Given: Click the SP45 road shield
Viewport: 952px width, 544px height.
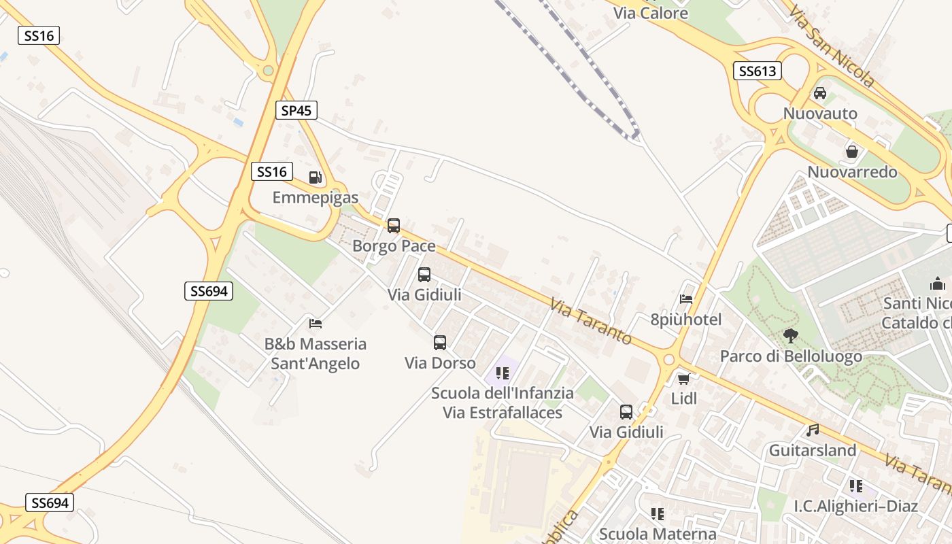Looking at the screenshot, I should coord(296,110).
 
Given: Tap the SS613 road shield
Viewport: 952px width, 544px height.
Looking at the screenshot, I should coord(757,71).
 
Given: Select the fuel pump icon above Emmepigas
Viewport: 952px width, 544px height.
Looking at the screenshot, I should coord(316,178).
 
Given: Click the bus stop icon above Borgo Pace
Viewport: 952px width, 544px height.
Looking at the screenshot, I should coord(394,226).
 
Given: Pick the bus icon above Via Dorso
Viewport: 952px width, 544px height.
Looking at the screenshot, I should coord(440,343).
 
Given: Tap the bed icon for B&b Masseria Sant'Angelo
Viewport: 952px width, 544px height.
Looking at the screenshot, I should coord(316,323).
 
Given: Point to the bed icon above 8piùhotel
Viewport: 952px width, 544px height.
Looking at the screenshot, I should coord(686,299).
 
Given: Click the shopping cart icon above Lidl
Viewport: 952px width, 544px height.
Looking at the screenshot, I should coord(683,379).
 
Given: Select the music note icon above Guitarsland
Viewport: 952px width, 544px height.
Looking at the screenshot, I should coord(812,430).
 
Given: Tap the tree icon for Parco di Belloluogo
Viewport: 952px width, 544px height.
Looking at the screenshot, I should coord(790,335).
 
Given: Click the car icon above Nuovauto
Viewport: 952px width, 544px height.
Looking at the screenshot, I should coord(820,93).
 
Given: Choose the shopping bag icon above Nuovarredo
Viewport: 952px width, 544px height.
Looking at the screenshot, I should coord(851,152).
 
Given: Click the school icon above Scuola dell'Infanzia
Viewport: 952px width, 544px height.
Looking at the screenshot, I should coord(503,373).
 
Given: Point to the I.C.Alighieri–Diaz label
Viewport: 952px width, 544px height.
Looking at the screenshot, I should coord(856,506).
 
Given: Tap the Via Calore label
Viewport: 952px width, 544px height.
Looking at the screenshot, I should coord(651,13).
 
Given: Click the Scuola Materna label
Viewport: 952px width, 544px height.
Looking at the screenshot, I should coord(658,534).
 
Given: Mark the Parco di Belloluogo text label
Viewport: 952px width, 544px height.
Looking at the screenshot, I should coord(791,356).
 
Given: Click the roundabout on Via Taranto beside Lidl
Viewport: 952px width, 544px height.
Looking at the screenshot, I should coord(668,360).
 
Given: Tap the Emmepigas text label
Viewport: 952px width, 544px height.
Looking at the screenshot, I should coord(316,198).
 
